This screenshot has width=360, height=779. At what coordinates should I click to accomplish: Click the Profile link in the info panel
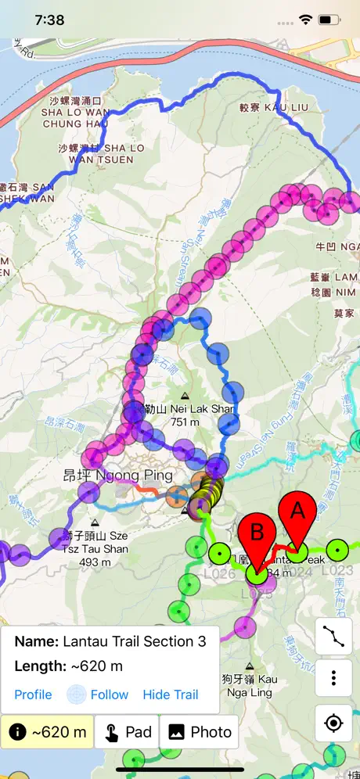[33, 695]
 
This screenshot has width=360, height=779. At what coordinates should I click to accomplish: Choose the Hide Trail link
[170, 695]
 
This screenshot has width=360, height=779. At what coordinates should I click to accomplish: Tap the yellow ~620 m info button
[47, 732]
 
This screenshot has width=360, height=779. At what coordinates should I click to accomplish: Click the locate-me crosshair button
[334, 723]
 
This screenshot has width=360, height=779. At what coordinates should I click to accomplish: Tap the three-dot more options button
[334, 678]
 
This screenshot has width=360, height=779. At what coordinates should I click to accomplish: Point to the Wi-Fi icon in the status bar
[305, 20]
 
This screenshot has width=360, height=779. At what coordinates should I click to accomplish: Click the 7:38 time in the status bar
[49, 20]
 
